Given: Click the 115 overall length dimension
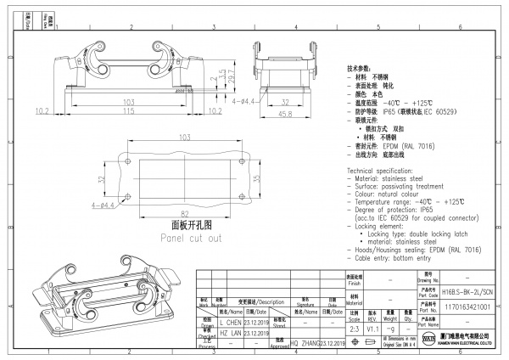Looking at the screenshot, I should tap(128, 111).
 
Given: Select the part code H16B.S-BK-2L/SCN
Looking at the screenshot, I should tap(466, 290).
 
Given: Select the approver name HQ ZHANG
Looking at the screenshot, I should tap(307, 342).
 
